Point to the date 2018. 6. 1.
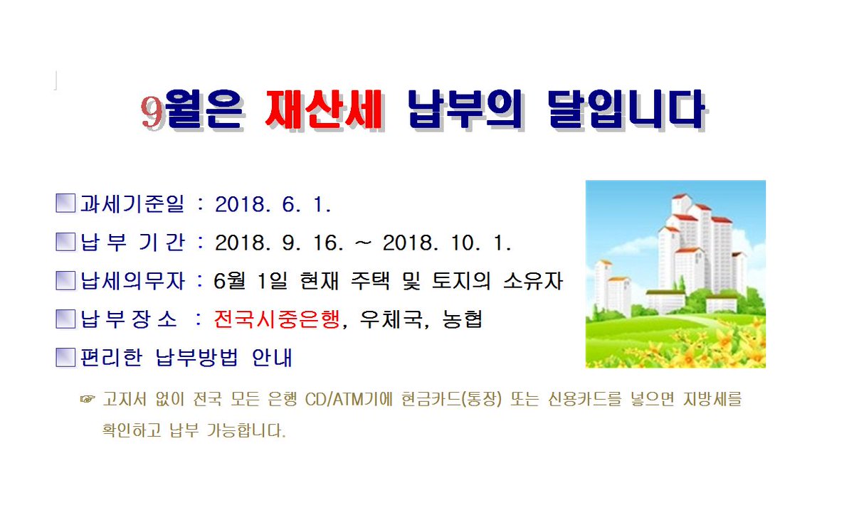(273, 206)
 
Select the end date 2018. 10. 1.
(447, 243)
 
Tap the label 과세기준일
(132, 206)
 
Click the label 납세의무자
(132, 282)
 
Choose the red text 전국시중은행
(278, 320)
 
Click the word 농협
(463, 320)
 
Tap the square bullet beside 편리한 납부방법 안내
(65, 357)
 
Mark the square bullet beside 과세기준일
(65, 205)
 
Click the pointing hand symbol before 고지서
(87, 400)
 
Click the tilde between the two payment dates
(364, 244)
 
